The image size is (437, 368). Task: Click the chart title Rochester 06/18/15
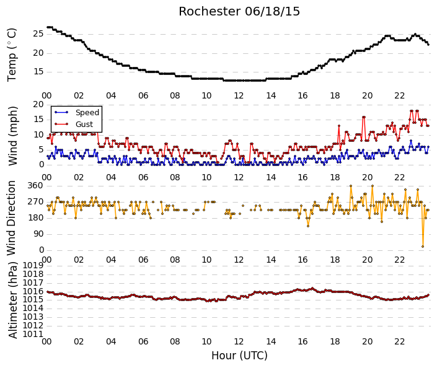pos(239,12)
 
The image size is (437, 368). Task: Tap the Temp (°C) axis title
pos(12,55)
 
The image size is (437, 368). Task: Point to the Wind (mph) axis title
pos(12,136)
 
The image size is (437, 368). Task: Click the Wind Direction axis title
pos(11,218)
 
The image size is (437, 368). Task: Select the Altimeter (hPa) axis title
pos(12,300)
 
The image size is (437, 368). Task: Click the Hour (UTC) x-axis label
pos(239,356)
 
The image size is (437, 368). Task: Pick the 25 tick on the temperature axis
pos(38,34)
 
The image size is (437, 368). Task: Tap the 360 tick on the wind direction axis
pos(35,185)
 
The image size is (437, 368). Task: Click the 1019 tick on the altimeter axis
pos(33,265)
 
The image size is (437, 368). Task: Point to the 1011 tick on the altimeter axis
pos(33,334)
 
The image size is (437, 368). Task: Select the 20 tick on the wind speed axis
pos(38,105)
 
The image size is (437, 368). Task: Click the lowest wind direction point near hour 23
pos(423,247)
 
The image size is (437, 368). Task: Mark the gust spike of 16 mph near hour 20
pos(364,117)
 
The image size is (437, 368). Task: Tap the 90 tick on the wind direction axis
pos(38,234)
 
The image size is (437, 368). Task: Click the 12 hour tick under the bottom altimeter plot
pos(239,341)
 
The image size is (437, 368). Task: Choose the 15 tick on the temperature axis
pos(38,72)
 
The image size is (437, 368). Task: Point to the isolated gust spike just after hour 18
pos(339,126)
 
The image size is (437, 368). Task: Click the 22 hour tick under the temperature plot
pos(399,96)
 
